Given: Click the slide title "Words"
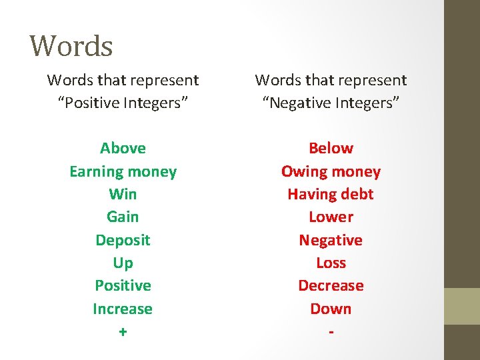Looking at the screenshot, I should (71, 46).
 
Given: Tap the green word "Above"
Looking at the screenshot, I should (123, 148).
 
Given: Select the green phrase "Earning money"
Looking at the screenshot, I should (123, 171).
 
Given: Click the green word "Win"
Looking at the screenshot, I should (123, 194).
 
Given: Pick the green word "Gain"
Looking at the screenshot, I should (123, 217).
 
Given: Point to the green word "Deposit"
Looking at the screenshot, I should (123, 240).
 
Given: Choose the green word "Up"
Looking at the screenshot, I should (123, 263).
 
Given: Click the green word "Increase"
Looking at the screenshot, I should (123, 309).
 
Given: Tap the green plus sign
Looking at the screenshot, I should (123, 331).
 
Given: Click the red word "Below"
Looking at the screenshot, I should (331, 148).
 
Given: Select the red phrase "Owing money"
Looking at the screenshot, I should (331, 171).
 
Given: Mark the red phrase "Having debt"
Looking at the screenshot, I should (331, 194).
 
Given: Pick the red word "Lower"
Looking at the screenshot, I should (331, 217).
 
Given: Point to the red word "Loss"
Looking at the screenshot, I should (331, 263).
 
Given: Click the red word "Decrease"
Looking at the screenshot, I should (331, 285).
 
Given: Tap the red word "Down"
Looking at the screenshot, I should (331, 309).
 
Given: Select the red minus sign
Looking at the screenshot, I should (331, 331).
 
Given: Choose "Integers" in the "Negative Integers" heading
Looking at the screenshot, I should (367, 103).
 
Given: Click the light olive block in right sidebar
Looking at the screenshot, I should (461, 305).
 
